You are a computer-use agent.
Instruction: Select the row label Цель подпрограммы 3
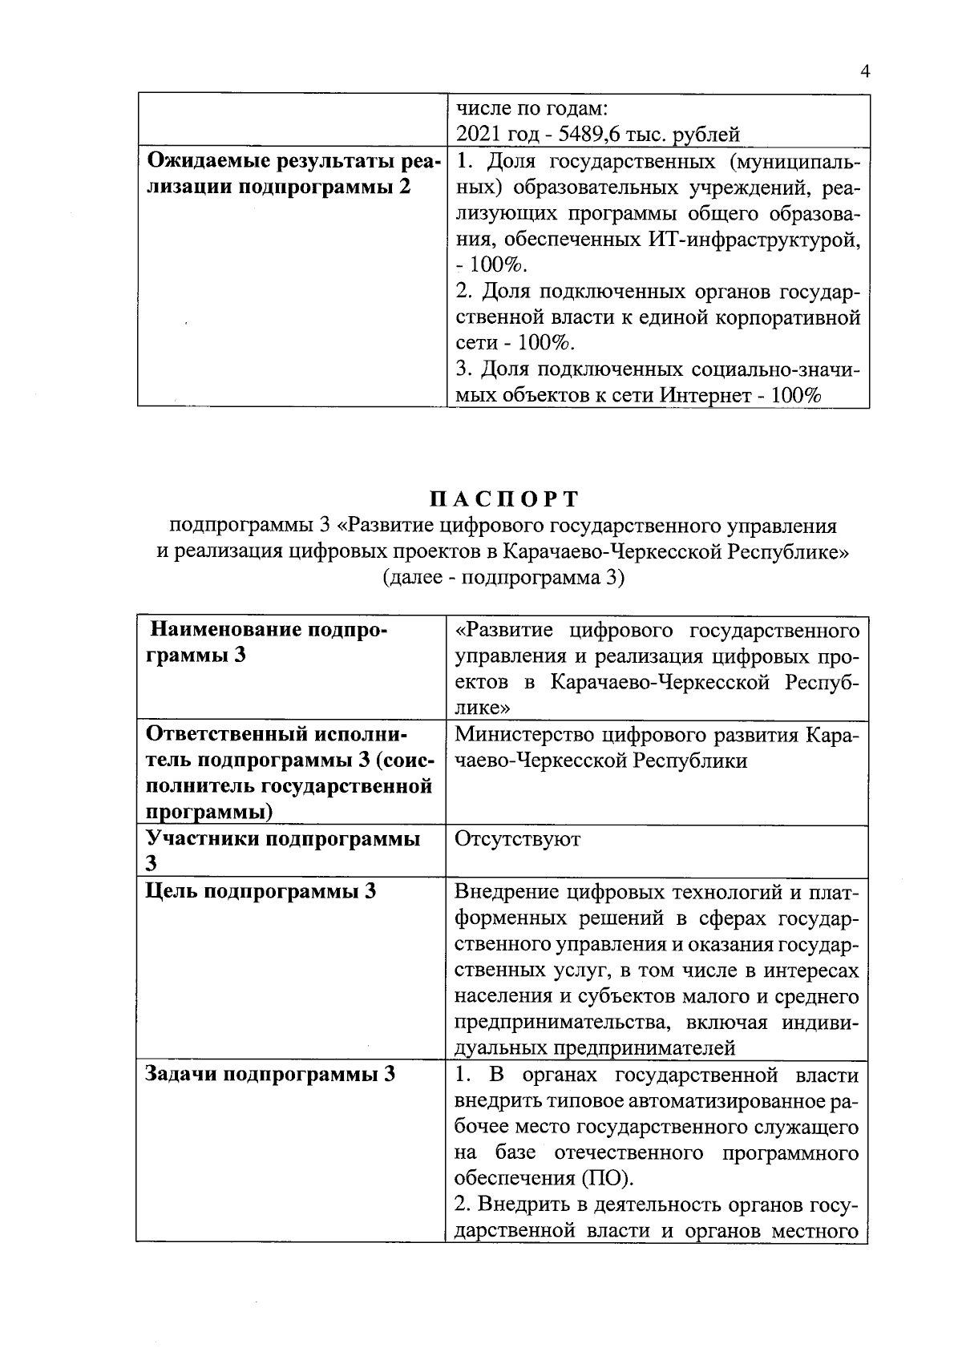(x=261, y=891)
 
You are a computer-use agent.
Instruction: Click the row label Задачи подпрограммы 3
(x=270, y=1075)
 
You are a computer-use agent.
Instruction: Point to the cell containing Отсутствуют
(x=517, y=839)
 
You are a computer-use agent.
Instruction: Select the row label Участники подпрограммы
(x=282, y=839)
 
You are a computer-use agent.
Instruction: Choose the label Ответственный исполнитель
(x=277, y=734)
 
